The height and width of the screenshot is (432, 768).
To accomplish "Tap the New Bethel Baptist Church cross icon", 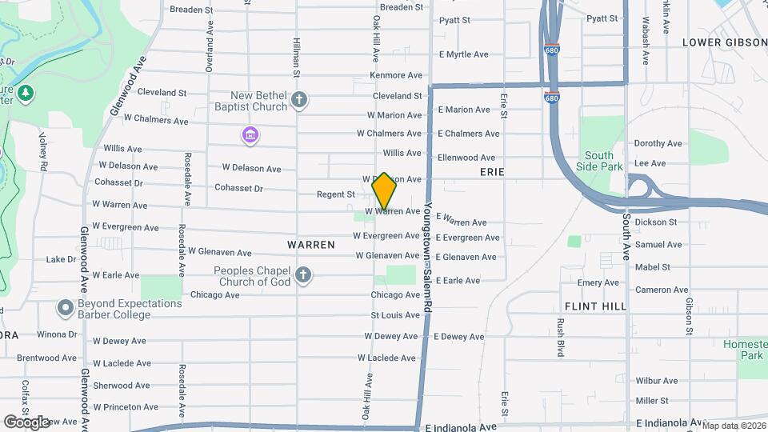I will pos(299,101).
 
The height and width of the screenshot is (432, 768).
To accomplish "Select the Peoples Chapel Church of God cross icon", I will pos(302,276).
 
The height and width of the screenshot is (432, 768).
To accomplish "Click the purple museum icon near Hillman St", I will pos(250,135).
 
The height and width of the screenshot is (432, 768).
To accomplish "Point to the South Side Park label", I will pos(598,161).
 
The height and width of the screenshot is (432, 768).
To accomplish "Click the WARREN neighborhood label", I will pos(310,245).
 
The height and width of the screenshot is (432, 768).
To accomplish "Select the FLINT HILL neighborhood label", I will pos(594,306).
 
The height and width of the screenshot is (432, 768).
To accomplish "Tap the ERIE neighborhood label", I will pos(491,172).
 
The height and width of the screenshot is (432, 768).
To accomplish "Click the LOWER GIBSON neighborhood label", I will pos(723,42).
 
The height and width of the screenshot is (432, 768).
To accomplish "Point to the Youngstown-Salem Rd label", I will pos(428,245).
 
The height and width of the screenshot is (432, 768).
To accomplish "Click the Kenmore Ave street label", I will pos(395,75).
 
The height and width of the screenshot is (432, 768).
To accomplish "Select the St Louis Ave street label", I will pos(395,315).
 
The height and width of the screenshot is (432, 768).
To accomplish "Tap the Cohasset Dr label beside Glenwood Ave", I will pos(117,182).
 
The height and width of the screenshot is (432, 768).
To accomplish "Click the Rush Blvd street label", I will pos(561,336).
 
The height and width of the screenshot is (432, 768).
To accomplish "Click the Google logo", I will pos(26,422).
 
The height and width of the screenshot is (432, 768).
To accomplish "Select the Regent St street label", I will pos(335,194).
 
